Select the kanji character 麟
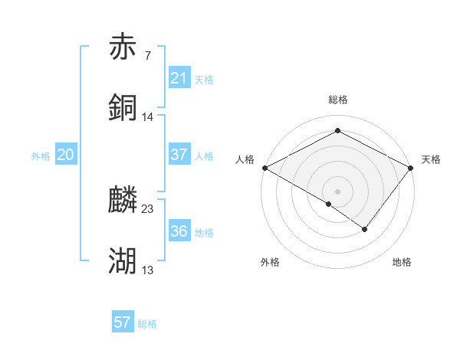[123, 201]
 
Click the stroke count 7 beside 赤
[147, 55]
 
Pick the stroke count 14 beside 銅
[148, 117]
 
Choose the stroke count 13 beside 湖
[148, 270]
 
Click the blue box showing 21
[179, 77]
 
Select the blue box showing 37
[179, 155]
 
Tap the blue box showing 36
[179, 231]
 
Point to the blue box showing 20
[66, 155]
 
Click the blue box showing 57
[123, 322]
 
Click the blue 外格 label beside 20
[41, 156]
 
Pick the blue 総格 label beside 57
[147, 324]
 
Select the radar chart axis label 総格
[338, 100]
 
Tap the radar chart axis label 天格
[431, 159]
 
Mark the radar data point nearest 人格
[264, 168]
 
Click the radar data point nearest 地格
[365, 229]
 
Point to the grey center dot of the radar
[337, 191]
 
